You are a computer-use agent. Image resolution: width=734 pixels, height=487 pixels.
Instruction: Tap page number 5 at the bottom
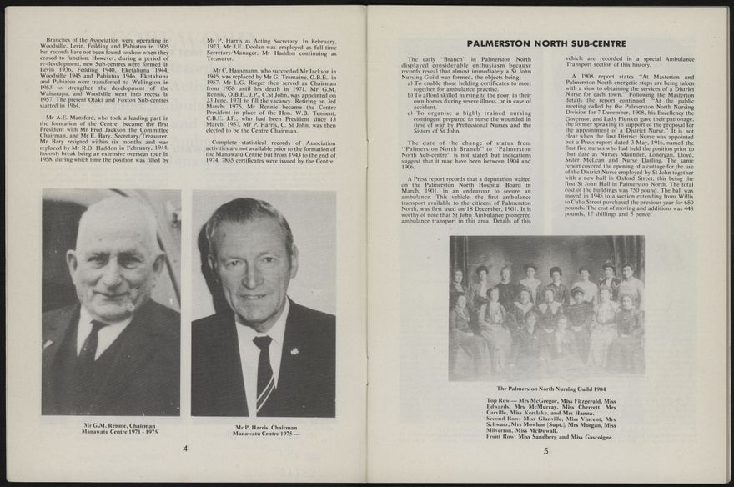tap(545, 451)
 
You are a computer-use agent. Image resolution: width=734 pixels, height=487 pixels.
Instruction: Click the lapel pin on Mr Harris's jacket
tap(294, 350)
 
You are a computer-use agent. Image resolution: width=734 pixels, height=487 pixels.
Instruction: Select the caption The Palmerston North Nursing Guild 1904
tap(546, 389)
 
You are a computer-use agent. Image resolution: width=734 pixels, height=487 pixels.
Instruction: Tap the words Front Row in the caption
tap(502, 437)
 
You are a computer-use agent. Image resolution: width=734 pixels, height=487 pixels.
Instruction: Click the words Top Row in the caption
tap(501, 401)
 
